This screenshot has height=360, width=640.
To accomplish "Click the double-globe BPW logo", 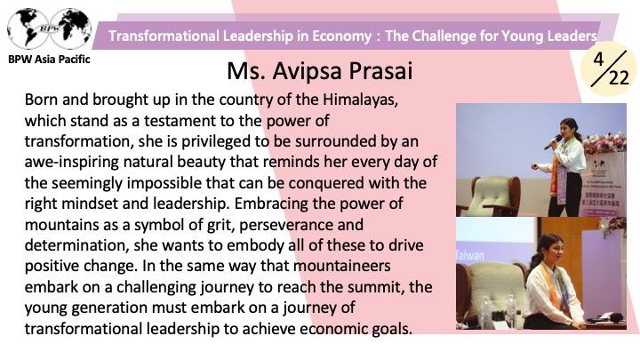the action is pos(50,28).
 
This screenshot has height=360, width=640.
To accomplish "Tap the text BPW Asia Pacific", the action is pos(49,60).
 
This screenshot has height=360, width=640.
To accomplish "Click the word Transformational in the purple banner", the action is pos(164,36).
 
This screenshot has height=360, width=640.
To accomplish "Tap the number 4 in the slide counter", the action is pos(598,60).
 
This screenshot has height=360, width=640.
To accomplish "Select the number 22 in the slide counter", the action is pos(620,77).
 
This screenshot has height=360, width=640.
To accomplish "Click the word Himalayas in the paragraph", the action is pos(360,100).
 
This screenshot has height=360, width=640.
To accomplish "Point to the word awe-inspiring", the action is pos(72,163).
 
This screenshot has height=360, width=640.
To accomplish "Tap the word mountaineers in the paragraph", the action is pos(342,266).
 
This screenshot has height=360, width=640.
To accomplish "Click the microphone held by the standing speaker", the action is pos(553,142).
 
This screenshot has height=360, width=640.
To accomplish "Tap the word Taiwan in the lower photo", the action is pos(470,256).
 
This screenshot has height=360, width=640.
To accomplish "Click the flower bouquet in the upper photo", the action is pos(605,144).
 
